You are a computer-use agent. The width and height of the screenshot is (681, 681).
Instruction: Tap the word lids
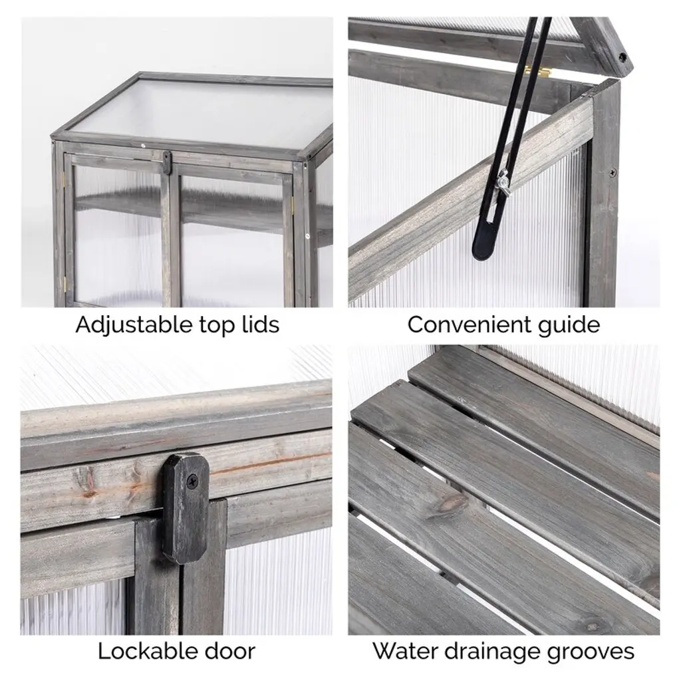click(260, 324)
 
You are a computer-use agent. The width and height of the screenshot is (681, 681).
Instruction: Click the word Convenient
click(469, 324)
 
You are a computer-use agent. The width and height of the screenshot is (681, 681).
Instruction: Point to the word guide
click(569, 325)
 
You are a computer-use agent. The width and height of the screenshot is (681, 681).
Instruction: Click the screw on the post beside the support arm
click(613, 173)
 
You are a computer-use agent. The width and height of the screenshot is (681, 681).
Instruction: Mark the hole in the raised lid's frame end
click(622, 57)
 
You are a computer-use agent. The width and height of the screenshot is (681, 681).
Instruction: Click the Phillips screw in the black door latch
click(192, 480)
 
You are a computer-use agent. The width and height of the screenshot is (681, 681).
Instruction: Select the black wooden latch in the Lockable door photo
click(186, 508)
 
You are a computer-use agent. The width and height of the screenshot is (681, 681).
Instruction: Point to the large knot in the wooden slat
click(452, 504)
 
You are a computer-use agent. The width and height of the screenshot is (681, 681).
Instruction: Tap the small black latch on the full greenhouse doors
click(166, 162)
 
